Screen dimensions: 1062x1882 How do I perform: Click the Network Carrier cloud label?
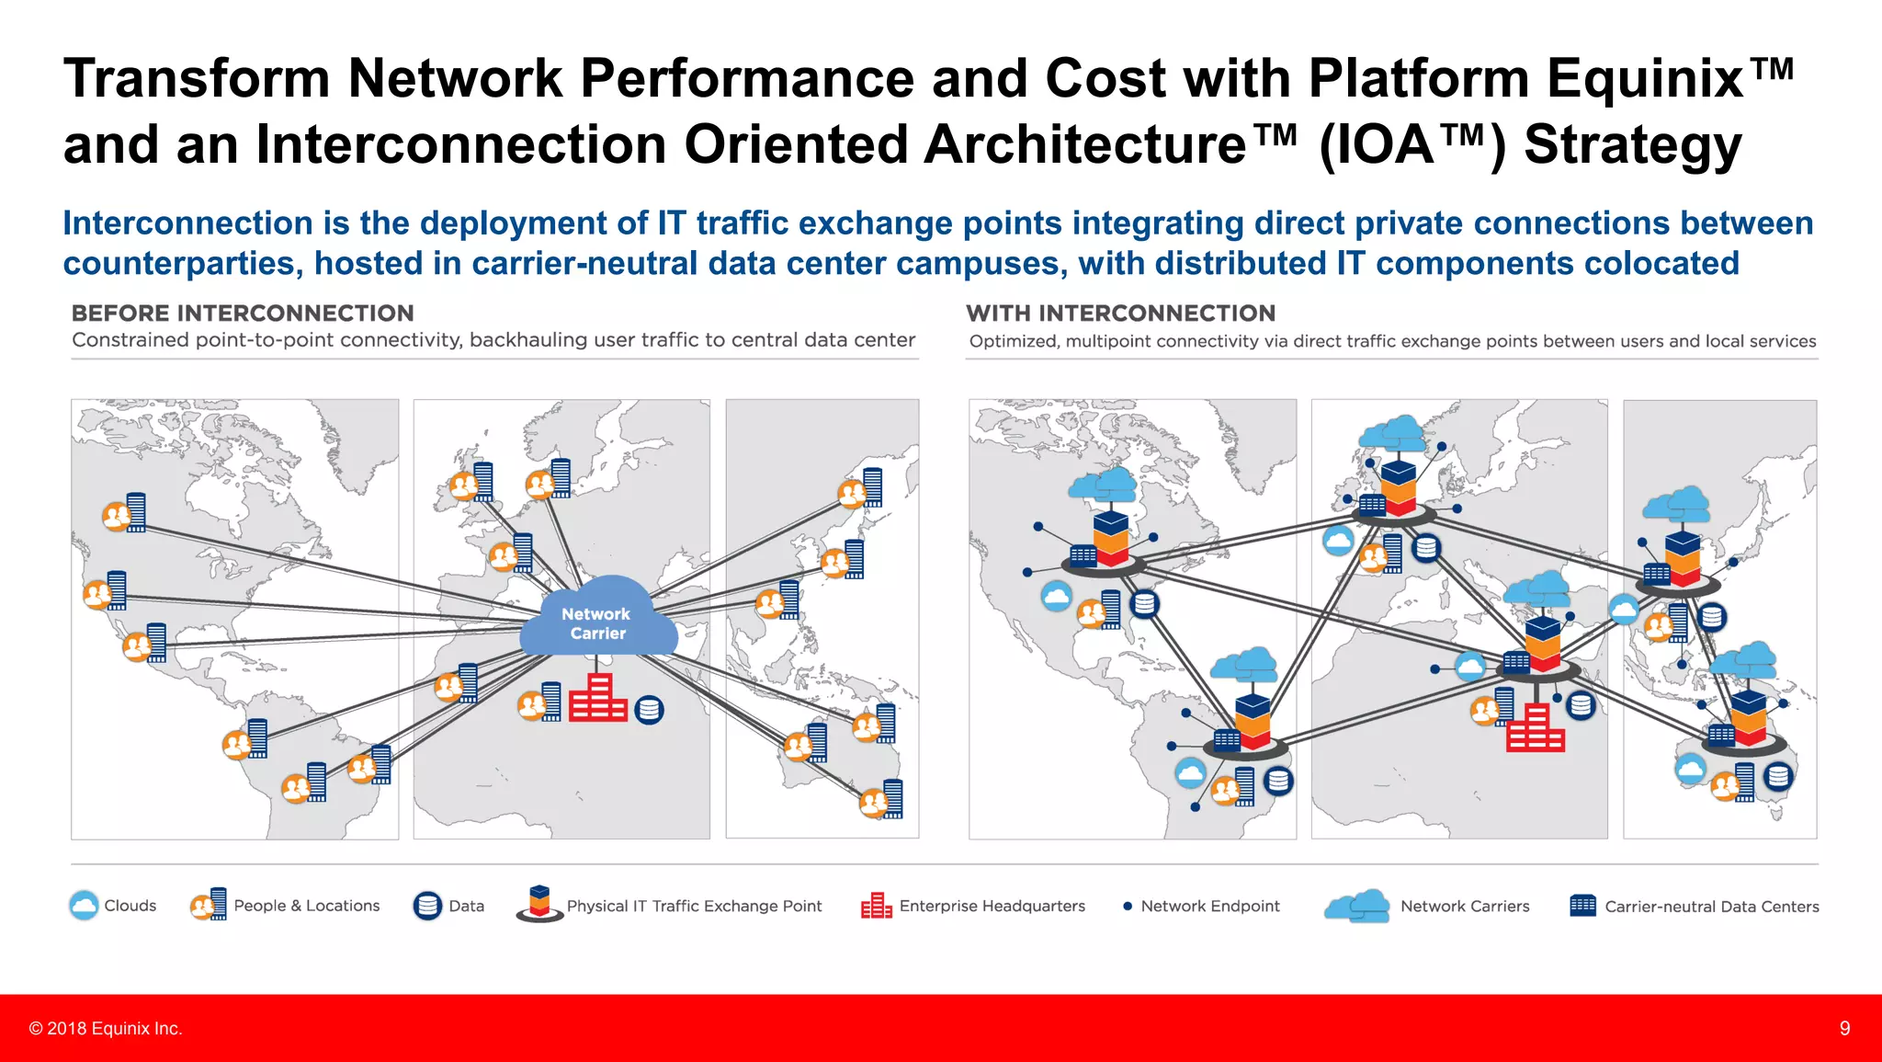596,623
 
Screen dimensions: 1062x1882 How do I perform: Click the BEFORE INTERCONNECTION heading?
243,314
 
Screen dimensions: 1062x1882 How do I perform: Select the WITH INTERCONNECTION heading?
1120,314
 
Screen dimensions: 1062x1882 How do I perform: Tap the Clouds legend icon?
84,906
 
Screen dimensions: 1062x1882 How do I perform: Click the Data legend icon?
427,906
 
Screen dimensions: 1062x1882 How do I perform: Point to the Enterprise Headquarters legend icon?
876,906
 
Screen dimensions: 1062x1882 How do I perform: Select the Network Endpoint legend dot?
1128,907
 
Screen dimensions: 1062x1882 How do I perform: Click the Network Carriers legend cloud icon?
1357,906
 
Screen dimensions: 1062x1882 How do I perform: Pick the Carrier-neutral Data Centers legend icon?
1582,906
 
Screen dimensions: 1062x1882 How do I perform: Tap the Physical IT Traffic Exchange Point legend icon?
540,904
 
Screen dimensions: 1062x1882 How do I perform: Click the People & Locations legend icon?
209,905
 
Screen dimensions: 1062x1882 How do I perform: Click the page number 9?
1844,1028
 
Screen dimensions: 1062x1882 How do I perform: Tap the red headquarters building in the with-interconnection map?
1535,728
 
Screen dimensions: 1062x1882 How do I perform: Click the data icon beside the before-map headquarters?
649,710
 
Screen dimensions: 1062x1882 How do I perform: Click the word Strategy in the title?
1632,145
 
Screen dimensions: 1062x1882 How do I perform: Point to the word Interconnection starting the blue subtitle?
187,223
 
